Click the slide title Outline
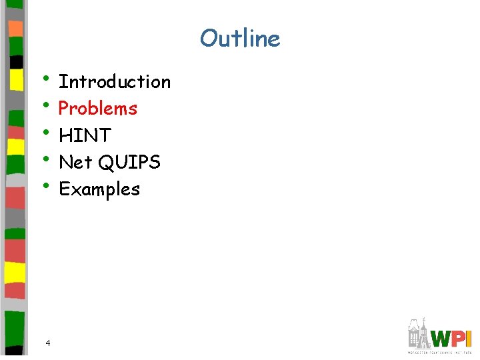click(240, 38)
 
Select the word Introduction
click(115, 82)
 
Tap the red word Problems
click(98, 108)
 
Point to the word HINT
click(85, 135)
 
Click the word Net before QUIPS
click(75, 162)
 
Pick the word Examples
click(99, 189)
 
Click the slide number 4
click(48, 343)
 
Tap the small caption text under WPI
click(439, 351)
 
